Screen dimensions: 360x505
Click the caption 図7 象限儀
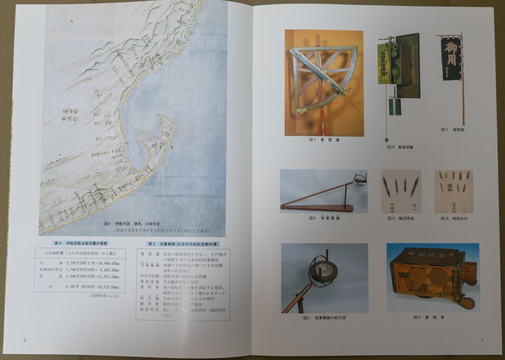click(324, 140)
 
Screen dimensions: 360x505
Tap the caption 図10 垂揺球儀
click(400, 147)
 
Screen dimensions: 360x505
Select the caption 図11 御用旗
click(452, 130)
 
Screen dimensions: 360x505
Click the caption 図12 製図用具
click(400, 218)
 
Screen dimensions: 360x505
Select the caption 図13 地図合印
click(454, 218)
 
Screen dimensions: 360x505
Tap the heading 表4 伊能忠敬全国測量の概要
click(81, 243)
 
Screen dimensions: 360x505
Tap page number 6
click(25, 341)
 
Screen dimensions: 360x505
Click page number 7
click(482, 341)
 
